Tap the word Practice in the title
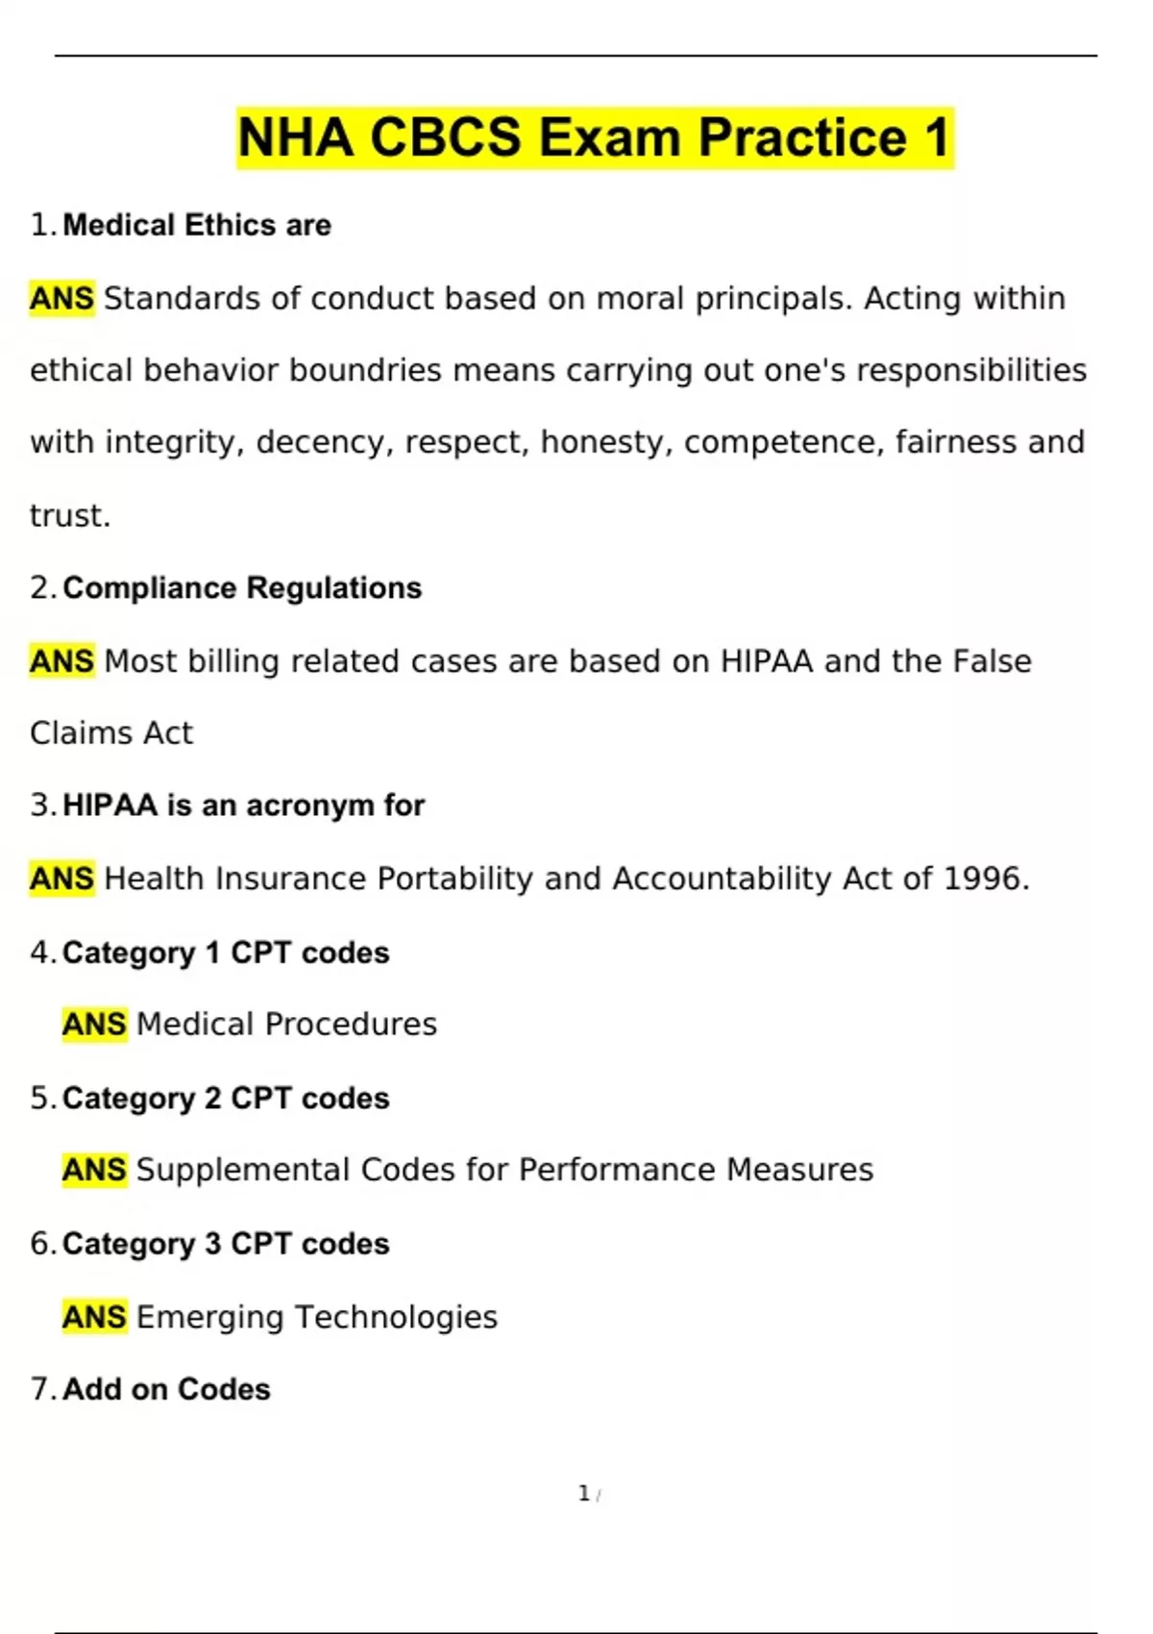pos(802,137)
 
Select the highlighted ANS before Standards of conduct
pos(62,298)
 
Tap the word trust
pos(68,515)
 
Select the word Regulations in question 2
pos(334,587)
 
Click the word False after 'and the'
pos(991,661)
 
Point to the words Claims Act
pos(111,733)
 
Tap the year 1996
pos(984,879)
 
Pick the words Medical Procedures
pos(286,1025)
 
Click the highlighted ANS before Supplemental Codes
pos(94,1170)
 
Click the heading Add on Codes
pos(166,1389)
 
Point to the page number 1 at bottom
pos(583,1494)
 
